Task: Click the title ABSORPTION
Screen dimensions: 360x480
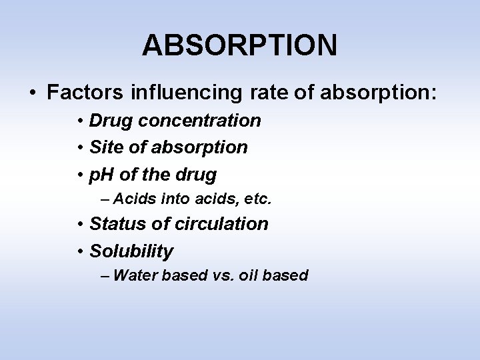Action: click(239, 45)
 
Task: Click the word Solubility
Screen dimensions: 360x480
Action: click(131, 251)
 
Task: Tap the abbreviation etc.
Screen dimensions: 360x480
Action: click(258, 198)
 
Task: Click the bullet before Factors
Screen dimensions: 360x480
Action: click(33, 93)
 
